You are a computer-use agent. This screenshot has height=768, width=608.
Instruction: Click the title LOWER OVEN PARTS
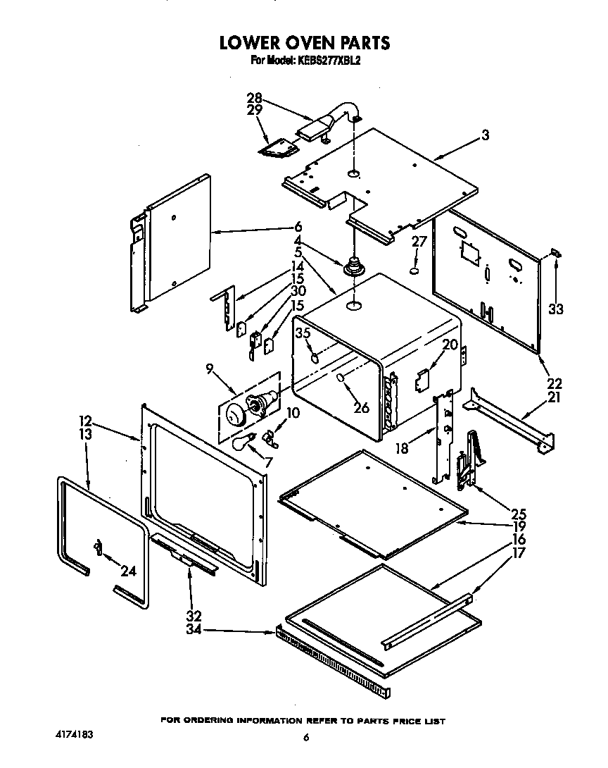pos(304,42)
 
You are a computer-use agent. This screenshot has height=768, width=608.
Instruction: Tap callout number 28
pos(254,98)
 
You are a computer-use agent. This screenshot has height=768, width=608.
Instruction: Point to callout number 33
pos(556,309)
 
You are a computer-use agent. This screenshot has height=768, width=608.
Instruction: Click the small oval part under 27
pos(415,270)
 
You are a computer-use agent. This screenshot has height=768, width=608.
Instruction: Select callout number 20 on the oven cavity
pos(450,345)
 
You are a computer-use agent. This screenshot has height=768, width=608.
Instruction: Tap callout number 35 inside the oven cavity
pos(303,333)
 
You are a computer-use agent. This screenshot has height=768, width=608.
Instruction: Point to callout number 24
pos(127,571)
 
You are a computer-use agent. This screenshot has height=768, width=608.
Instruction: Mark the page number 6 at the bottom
pos(305,738)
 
